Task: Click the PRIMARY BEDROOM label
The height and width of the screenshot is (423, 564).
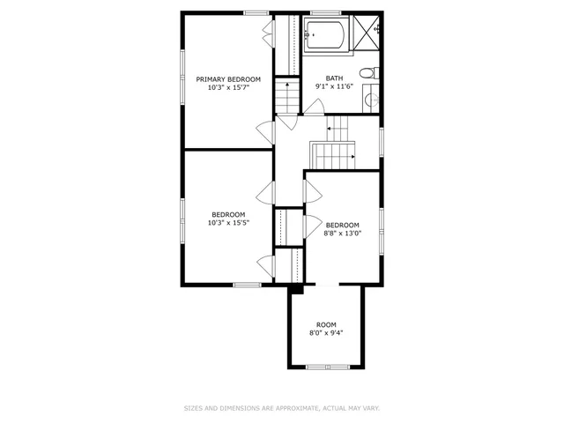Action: coord(227,79)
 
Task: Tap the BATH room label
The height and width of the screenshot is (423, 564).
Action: coord(334,78)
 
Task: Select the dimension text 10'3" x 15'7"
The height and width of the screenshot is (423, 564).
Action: coord(227,88)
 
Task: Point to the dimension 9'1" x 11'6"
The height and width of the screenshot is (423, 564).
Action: coord(334,87)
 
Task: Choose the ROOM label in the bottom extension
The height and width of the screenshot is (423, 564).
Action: coord(326,324)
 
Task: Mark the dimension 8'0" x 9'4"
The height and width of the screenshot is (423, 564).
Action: coord(326,333)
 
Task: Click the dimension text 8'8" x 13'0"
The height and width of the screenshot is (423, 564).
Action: coord(342,234)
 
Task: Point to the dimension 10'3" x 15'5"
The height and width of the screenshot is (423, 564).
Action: coord(228,223)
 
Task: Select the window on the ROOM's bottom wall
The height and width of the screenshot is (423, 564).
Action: coord(326,366)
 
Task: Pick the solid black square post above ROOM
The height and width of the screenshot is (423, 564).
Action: coord(296,288)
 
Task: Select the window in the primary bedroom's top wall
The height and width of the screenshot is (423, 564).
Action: coord(256,12)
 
